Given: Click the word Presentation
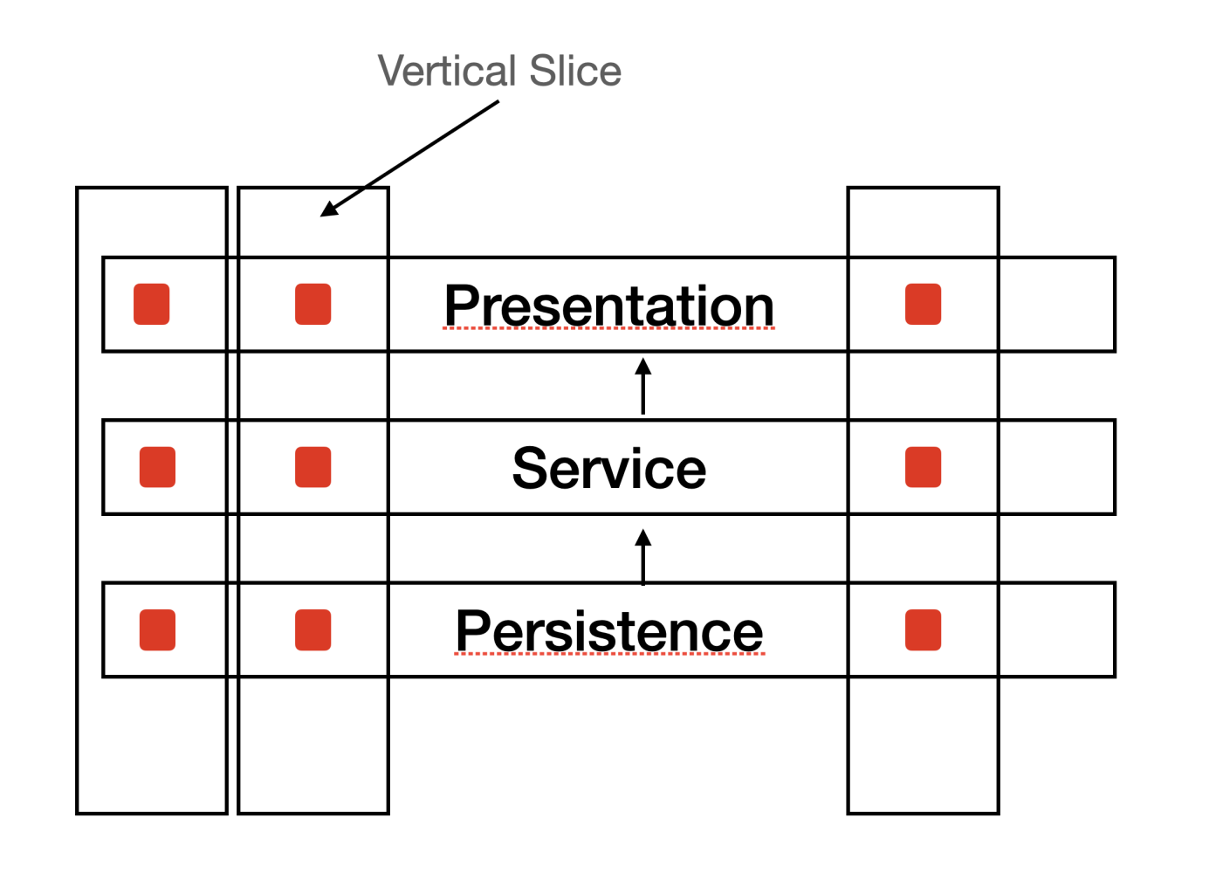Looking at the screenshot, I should tap(608, 306).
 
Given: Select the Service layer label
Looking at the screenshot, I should tap(608, 468).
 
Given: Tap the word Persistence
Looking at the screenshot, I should tap(608, 630).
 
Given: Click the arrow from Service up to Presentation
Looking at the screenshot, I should tap(643, 386).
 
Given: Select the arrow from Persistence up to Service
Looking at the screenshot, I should tap(643, 557).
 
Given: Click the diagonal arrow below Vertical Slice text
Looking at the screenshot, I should tap(410, 157).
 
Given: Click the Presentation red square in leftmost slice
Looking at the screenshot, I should tap(151, 304).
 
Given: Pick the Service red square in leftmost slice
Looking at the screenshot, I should tap(157, 467).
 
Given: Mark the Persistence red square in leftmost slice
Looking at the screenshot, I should tap(157, 629).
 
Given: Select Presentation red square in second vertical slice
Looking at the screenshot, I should tap(313, 304).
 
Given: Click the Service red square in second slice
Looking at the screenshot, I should tap(313, 467).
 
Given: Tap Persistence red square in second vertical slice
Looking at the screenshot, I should tap(313, 629).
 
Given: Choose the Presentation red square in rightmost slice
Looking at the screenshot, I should tap(923, 304).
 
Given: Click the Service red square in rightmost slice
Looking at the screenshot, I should tap(923, 467).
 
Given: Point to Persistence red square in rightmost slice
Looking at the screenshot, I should tap(923, 629).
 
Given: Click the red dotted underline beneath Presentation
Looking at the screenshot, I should tap(608, 329).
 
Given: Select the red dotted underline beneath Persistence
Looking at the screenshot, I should tap(608, 654).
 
